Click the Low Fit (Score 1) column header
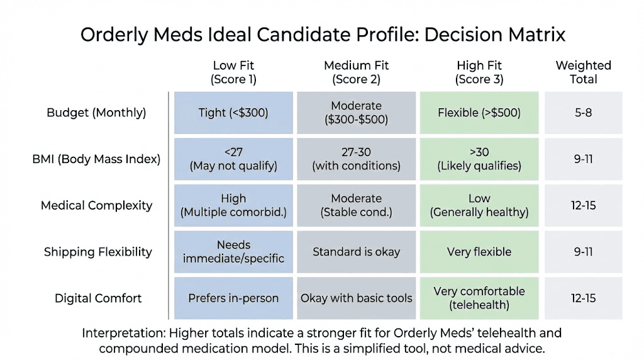pos(233,72)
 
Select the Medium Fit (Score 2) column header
pos(356,72)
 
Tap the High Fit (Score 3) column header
pos(479,72)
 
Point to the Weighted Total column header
pos(583,72)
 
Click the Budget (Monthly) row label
pos(96,113)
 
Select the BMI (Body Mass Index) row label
pos(96,159)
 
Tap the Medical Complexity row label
pos(96,205)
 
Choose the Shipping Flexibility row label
pos(97,252)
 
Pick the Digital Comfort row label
pos(97,298)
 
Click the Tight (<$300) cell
pos(233,113)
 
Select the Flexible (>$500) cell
pos(479,113)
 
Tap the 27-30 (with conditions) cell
pos(356,159)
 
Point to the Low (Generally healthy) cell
pos(479,205)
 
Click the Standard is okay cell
pos(356,252)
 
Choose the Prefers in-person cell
pos(233,298)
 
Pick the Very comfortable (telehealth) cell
pos(479,298)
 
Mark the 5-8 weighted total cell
pos(583,113)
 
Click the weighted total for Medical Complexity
pos(583,205)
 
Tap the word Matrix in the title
pos(536,35)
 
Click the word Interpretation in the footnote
pos(123,333)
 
